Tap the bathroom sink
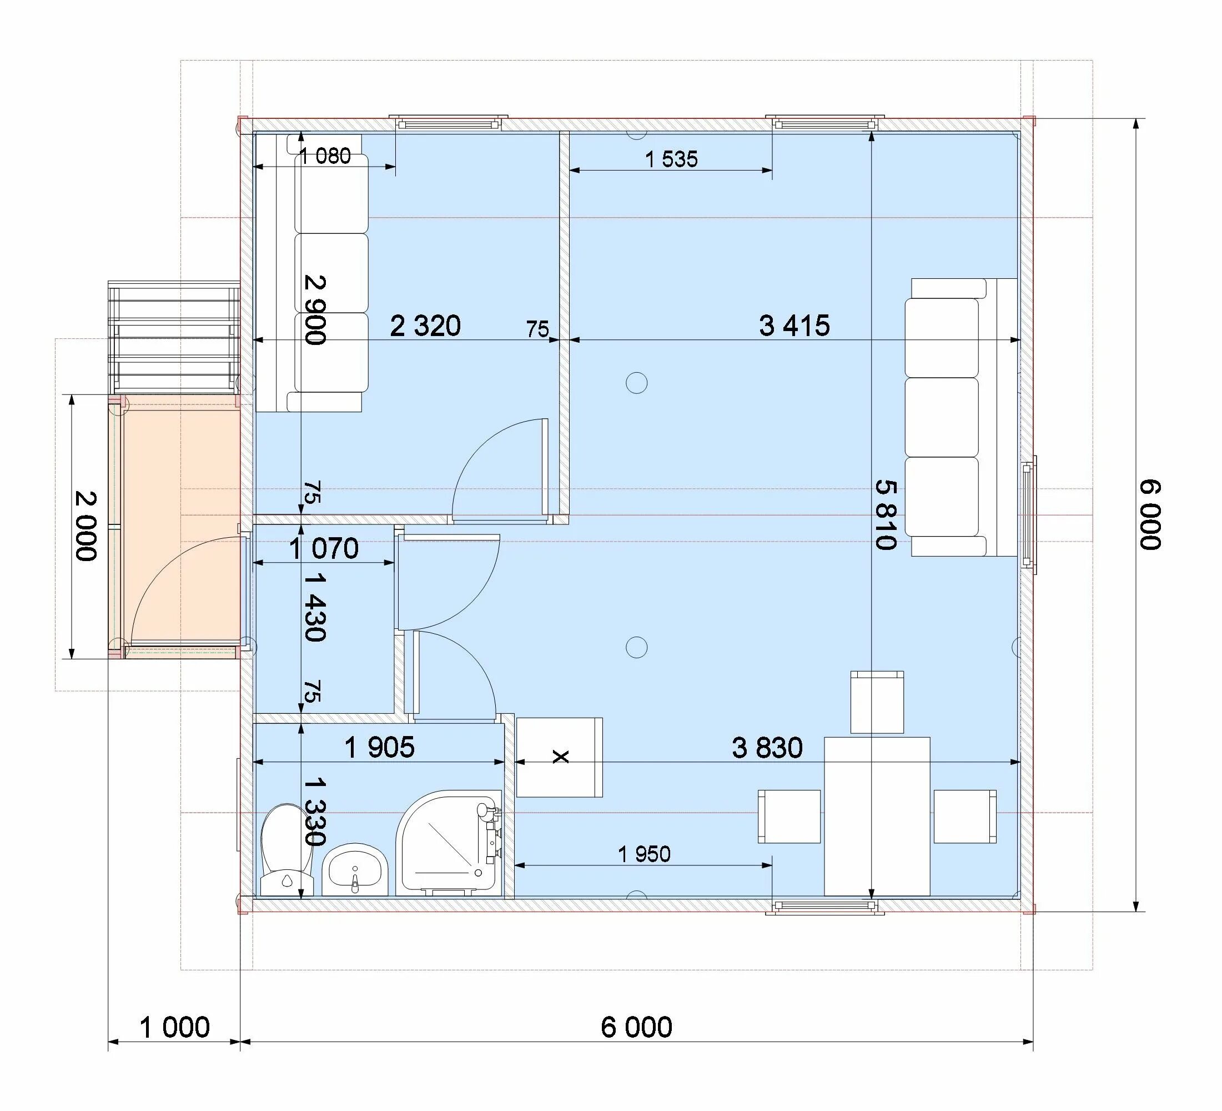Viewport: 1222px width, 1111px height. [355, 868]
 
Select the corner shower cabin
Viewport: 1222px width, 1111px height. [449, 842]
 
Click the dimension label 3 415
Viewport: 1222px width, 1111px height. [794, 326]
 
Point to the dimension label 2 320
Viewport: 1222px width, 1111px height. [425, 326]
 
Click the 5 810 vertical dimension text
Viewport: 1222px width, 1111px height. [886, 514]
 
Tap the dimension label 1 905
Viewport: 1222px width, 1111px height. [379, 748]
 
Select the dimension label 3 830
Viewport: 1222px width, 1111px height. [767, 748]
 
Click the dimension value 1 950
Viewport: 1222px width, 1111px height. [645, 854]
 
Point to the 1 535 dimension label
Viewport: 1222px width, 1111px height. [671, 159]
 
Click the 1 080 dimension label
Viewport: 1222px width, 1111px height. [325, 157]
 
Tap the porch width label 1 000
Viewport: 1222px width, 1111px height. [174, 1027]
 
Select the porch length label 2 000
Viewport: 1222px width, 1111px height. [86, 526]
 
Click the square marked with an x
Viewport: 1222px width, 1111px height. [559, 757]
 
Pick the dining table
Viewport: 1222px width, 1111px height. [877, 816]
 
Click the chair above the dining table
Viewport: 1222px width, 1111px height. [877, 702]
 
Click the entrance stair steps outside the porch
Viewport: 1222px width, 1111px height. [174, 337]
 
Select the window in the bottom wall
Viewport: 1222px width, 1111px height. [825, 906]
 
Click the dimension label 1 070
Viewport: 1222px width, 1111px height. [324, 549]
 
